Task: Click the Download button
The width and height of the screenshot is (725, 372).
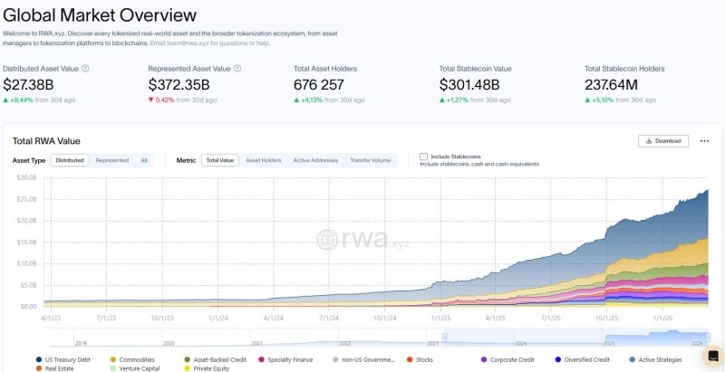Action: click(x=663, y=141)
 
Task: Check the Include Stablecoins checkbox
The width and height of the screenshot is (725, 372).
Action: click(x=423, y=157)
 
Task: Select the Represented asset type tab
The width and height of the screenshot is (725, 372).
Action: click(x=111, y=160)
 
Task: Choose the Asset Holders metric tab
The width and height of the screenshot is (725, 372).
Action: click(x=263, y=160)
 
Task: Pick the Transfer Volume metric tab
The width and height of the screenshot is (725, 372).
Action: click(x=370, y=160)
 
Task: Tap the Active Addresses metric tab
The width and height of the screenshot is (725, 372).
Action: click(x=315, y=160)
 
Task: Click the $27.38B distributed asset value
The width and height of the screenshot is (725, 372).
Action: click(x=28, y=84)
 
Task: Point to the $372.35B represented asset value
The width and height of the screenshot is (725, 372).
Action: click(x=179, y=84)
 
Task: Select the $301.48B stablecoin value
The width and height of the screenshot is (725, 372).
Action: click(x=469, y=84)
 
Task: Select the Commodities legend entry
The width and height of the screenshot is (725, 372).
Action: click(x=136, y=359)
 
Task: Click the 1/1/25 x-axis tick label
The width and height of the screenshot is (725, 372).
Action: click(x=440, y=318)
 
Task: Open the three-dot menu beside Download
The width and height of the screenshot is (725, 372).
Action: click(x=704, y=141)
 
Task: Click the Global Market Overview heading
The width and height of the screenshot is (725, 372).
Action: click(x=100, y=14)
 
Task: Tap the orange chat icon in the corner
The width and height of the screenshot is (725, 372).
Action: click(x=713, y=356)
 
